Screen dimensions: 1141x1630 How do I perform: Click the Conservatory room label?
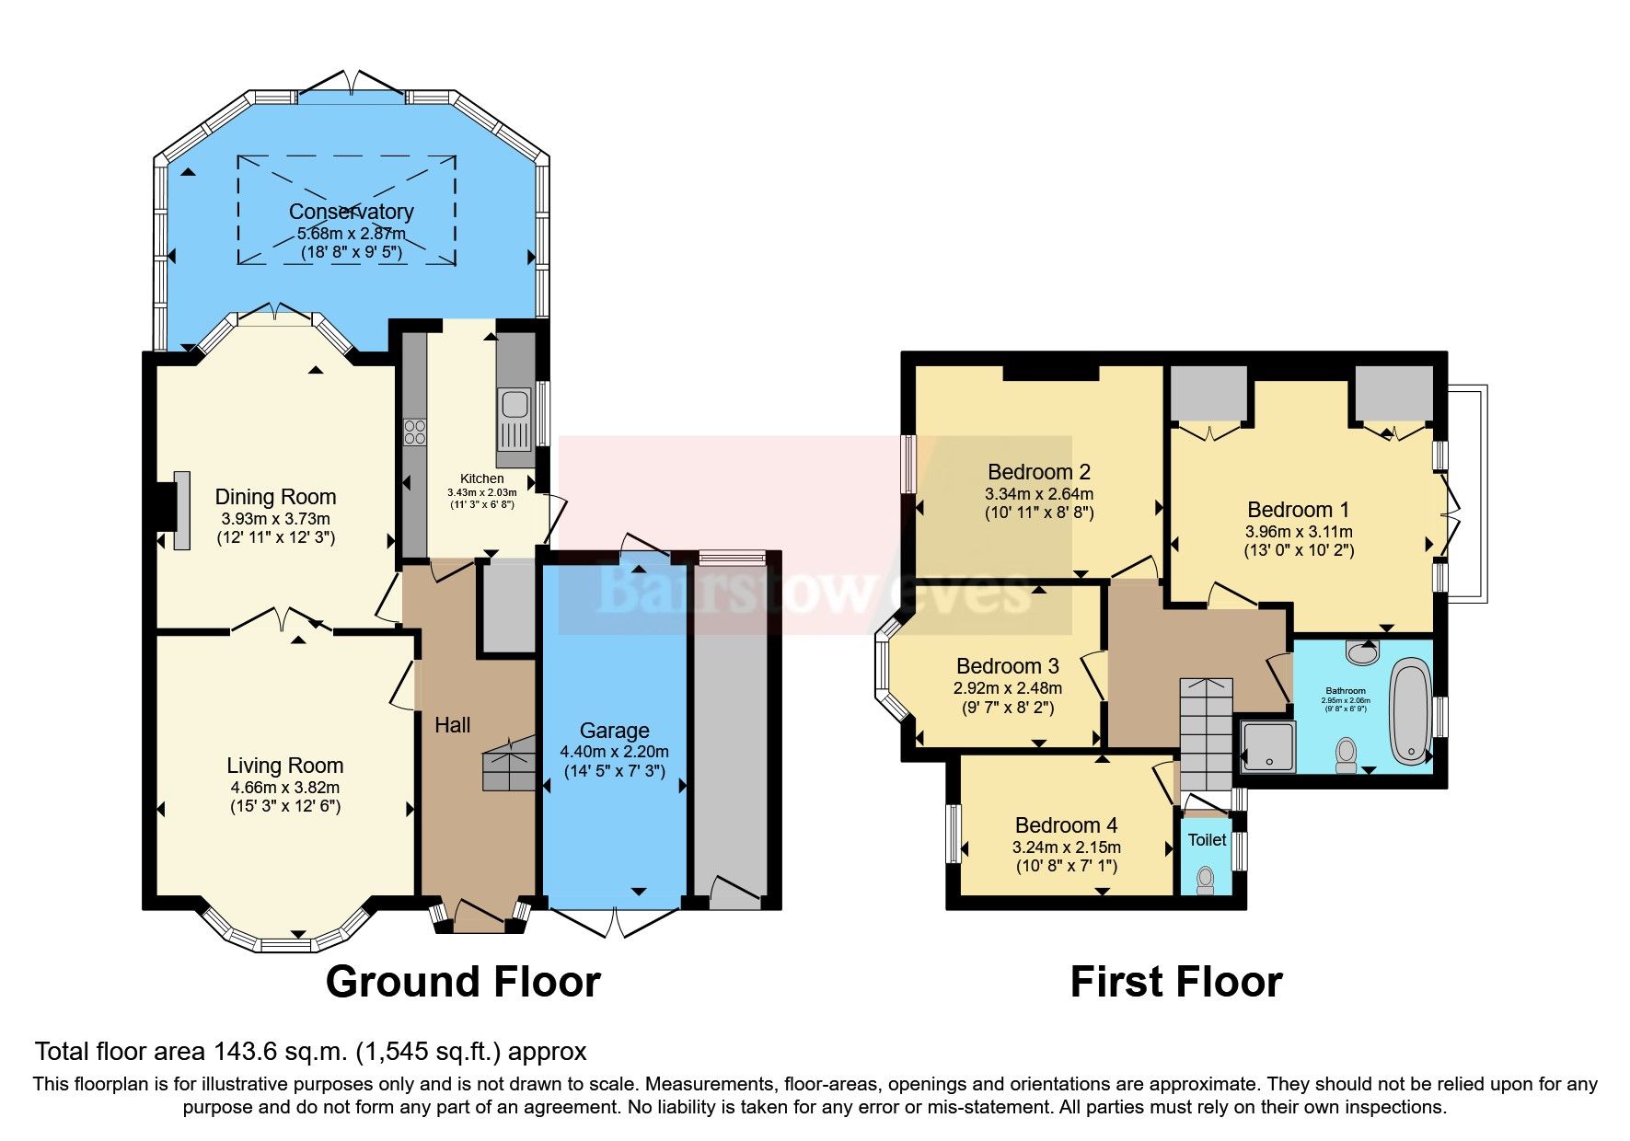click(x=351, y=212)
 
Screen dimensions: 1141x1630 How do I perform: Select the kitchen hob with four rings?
click(x=414, y=432)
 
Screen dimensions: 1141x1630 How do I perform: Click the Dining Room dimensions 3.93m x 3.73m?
click(x=275, y=518)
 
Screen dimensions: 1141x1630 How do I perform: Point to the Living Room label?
click(x=284, y=766)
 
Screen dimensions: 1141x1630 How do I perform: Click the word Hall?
click(x=452, y=725)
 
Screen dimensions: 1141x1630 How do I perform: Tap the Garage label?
click(x=614, y=731)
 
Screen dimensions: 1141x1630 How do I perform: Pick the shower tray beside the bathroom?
click(x=1267, y=745)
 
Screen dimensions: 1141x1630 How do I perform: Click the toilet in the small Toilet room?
click(x=1205, y=881)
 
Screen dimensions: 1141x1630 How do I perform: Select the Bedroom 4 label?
click(x=1066, y=825)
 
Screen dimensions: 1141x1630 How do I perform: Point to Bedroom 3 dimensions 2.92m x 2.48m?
click(x=1007, y=688)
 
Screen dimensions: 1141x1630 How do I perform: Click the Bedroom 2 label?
click(x=1038, y=472)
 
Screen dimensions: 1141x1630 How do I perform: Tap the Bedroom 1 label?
click(x=1298, y=510)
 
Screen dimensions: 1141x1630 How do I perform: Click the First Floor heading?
click(x=1175, y=982)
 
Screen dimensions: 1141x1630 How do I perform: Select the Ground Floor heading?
click(x=463, y=982)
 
